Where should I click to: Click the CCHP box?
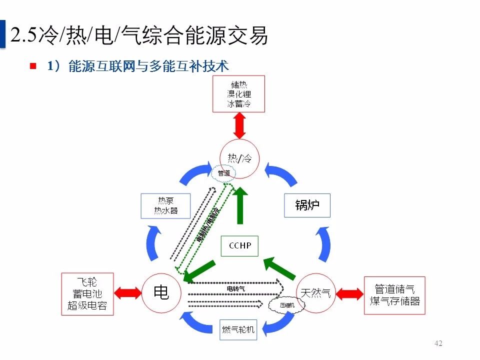[239, 245]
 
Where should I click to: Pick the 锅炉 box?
[307, 205]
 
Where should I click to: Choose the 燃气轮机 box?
[238, 329]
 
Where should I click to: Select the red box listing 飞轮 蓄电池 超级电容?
[87, 293]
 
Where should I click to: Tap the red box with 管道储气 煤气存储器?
[394, 295]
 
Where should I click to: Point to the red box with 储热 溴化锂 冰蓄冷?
[238, 94]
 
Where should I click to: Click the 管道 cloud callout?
[224, 173]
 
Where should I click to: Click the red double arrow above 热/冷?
[239, 125]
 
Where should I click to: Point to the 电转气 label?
[235, 288]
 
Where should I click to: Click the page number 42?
[438, 343]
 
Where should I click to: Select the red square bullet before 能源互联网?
[33, 65]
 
